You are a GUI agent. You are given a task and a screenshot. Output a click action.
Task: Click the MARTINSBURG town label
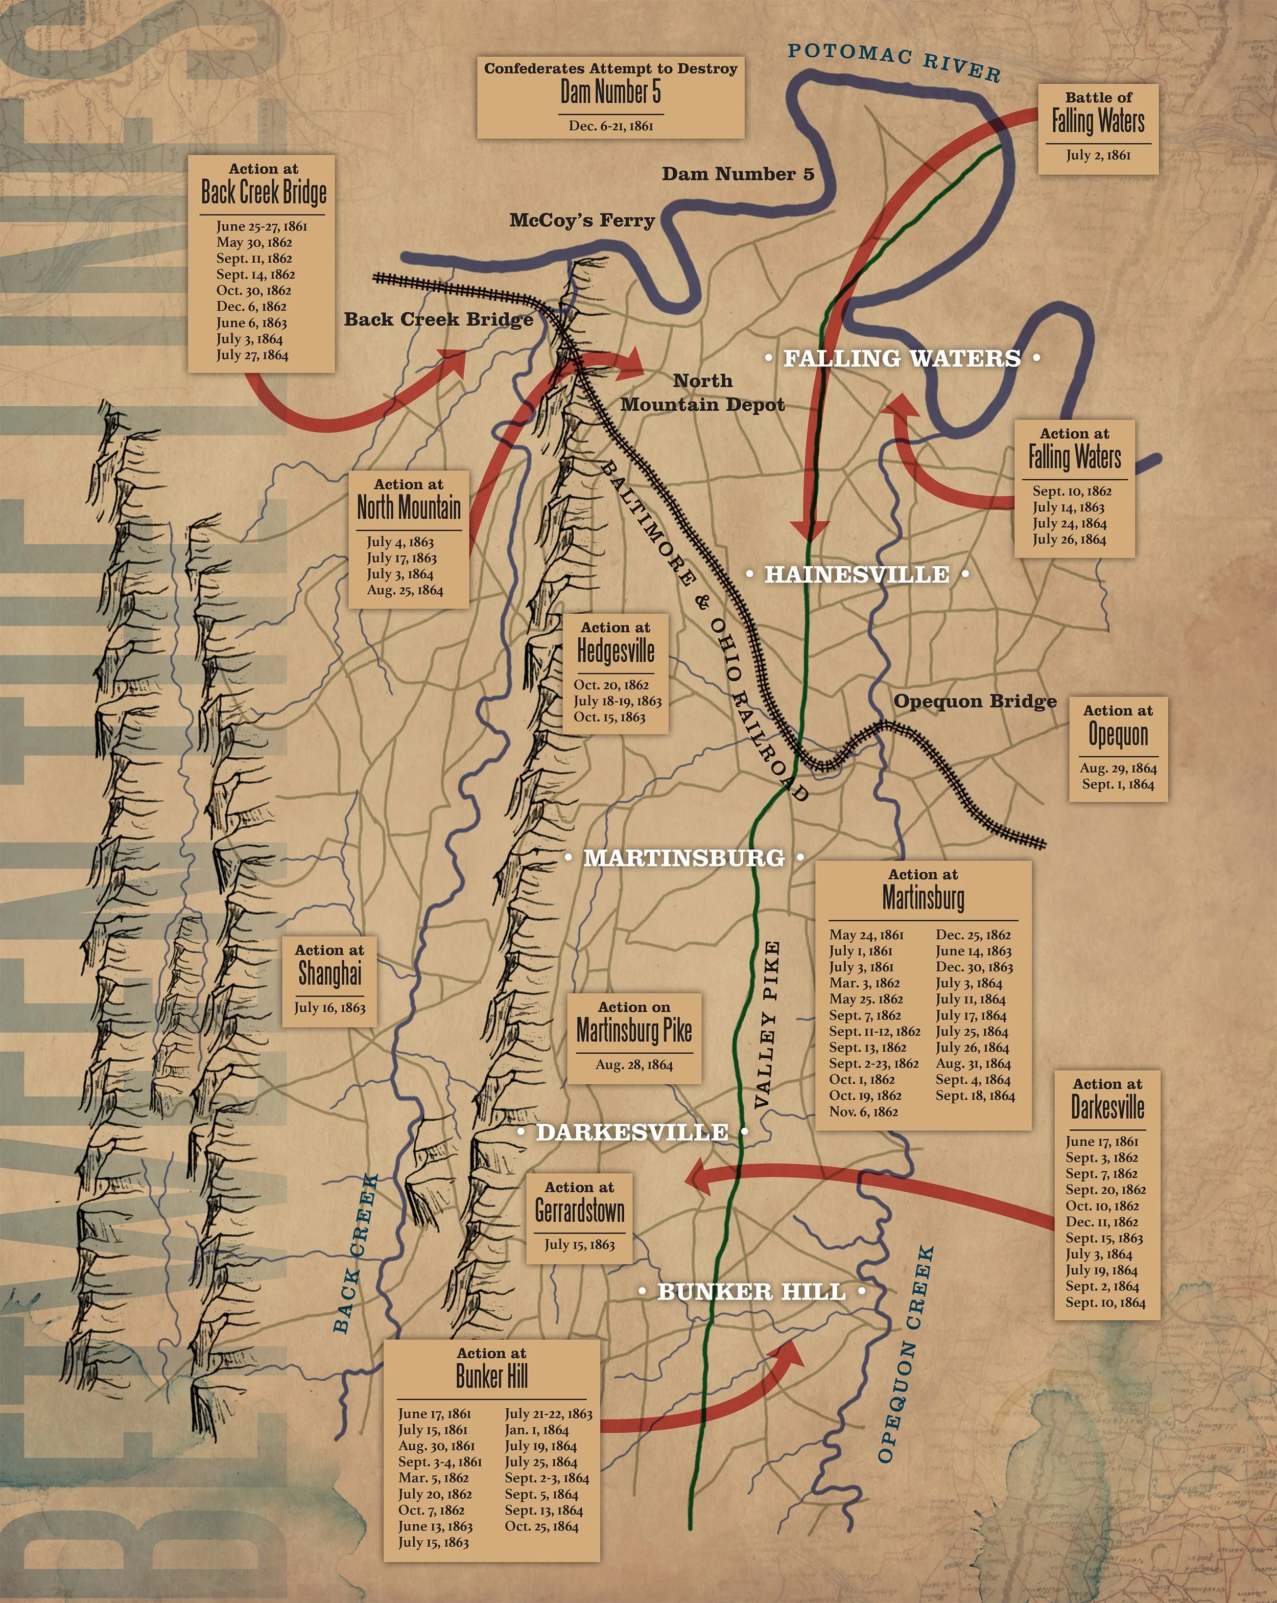click(x=684, y=858)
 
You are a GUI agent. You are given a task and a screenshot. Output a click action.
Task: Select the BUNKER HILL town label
click(x=751, y=1291)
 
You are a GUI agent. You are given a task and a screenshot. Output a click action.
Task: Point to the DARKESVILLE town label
click(x=632, y=1132)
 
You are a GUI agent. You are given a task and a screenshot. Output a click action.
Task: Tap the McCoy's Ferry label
click(x=582, y=220)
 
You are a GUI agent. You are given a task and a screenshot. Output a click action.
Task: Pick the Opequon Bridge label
click(x=975, y=701)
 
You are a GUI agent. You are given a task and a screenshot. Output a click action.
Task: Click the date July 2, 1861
click(x=1098, y=155)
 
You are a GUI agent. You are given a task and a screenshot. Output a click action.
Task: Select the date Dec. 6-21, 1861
click(x=610, y=126)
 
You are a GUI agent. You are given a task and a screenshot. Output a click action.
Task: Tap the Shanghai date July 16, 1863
click(x=329, y=1008)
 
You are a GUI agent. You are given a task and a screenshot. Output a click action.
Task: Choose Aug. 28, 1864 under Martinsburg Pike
click(x=634, y=1065)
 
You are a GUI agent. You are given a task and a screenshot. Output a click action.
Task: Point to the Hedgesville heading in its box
click(x=616, y=652)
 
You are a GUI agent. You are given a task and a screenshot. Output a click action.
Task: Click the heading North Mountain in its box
click(x=409, y=508)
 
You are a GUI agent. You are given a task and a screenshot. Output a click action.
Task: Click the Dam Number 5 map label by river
click(x=738, y=174)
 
